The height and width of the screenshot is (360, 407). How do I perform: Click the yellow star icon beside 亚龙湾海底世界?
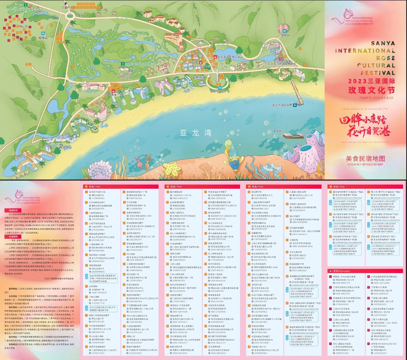point(295,105)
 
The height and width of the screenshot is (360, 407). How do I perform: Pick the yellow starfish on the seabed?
point(174,167)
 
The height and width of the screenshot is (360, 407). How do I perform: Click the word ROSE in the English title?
point(385,58)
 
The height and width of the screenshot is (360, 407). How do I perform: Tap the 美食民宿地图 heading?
point(365,159)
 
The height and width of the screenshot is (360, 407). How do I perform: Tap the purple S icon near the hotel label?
point(281,59)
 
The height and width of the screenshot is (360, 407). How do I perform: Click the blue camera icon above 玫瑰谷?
point(43,33)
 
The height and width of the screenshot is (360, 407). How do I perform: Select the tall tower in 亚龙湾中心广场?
point(216,76)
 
